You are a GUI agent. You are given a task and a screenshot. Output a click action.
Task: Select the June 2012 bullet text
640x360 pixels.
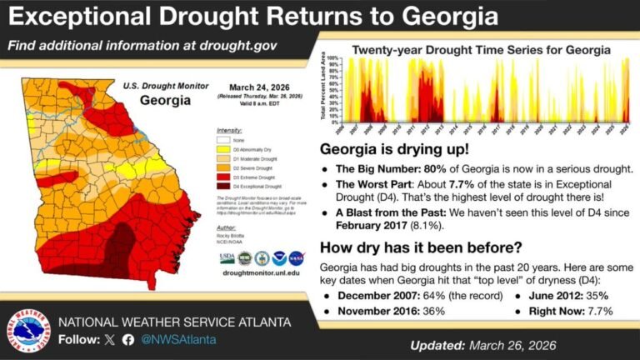[x=567, y=296]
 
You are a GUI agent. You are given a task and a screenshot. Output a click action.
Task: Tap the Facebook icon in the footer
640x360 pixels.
[x=127, y=339]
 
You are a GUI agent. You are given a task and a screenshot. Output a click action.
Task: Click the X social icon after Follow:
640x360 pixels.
[x=108, y=339]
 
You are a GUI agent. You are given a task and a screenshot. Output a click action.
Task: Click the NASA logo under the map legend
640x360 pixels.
[x=297, y=257]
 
